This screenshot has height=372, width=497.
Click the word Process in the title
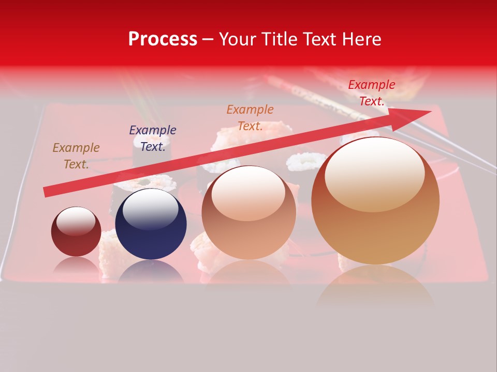tap(163, 39)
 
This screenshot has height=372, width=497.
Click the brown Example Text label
tap(76, 156)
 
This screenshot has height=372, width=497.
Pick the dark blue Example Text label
tap(153, 138)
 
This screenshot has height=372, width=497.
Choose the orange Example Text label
tap(250, 118)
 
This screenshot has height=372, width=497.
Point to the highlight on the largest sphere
tap(375, 173)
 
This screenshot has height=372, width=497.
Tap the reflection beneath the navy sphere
tap(151, 271)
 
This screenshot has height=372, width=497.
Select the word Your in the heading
tap(239, 39)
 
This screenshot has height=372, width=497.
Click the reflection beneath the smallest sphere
tap(76, 265)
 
